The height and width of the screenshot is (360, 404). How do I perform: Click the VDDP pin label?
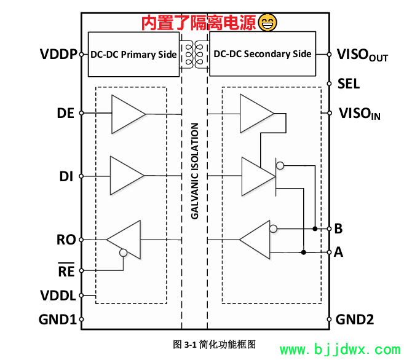click(59, 54)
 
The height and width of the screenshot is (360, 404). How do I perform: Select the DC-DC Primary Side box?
click(133, 54)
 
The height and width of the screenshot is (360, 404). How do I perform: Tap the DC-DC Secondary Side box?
click(263, 54)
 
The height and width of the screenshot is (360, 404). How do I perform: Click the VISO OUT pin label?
click(362, 55)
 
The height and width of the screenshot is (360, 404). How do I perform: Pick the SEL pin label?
click(349, 84)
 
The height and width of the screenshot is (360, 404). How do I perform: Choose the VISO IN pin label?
click(360, 113)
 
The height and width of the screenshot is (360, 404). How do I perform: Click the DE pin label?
click(65, 114)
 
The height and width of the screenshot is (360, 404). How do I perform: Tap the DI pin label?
click(66, 176)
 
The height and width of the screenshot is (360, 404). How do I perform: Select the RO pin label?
click(66, 240)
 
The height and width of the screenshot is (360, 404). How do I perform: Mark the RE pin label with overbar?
click(66, 270)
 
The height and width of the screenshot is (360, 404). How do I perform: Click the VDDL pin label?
click(58, 296)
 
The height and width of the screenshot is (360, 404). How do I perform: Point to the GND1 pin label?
click(57, 319)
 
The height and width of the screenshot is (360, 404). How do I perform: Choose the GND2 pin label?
click(355, 319)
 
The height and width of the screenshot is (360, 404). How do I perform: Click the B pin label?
click(338, 229)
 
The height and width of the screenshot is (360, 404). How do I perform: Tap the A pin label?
click(338, 252)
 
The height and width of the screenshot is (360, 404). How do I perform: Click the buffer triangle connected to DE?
click(128, 114)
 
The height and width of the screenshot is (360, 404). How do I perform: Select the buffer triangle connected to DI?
click(126, 176)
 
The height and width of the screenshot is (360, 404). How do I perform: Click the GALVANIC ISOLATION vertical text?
click(194, 171)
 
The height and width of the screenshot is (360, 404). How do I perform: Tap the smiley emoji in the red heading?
click(267, 23)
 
